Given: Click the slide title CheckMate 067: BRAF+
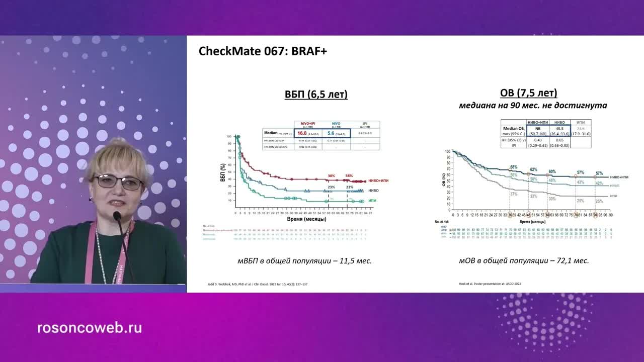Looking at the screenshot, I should click(x=263, y=51).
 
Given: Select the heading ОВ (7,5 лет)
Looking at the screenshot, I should click(x=528, y=94).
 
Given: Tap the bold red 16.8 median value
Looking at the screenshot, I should click(x=302, y=133).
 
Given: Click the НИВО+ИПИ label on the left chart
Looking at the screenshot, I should click(x=378, y=180).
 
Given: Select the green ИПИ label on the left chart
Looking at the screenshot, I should click(x=372, y=201).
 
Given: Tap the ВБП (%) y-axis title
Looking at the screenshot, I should click(x=222, y=172).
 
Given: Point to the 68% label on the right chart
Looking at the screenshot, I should click(x=514, y=167).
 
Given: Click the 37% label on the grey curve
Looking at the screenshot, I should click(x=514, y=194).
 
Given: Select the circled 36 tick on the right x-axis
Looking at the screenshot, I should click(x=510, y=215).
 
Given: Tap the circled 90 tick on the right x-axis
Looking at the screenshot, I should click(x=595, y=215).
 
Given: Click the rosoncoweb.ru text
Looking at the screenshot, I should click(x=90, y=328).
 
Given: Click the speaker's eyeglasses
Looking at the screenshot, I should click(x=119, y=182).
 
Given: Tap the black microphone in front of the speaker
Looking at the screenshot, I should click(x=117, y=217).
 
